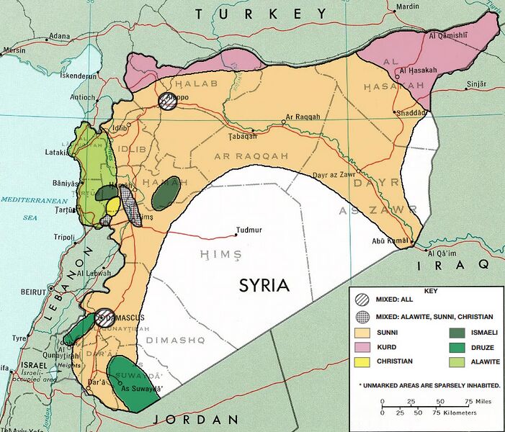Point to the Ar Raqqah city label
(x=303, y=117)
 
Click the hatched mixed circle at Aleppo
(x=168, y=100)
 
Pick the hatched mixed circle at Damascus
(x=105, y=318)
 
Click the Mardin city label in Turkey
(x=406, y=6)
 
